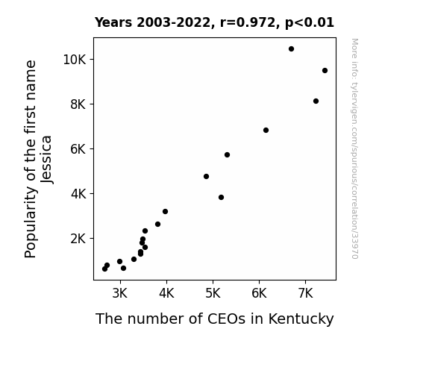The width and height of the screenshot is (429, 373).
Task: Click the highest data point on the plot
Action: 291,49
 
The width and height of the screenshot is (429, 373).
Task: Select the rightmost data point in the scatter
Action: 325,71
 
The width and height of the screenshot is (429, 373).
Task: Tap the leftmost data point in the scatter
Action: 104,269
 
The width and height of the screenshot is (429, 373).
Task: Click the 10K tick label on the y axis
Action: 75,60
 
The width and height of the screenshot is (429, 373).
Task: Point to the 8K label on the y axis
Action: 78,104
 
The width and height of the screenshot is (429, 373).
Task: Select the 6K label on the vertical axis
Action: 78,149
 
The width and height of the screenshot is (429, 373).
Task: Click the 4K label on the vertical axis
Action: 78,194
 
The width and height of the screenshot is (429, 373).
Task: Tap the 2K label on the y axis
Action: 78,239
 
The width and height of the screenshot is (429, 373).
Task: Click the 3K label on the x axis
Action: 120,293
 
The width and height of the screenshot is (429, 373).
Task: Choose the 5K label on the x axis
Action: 213,293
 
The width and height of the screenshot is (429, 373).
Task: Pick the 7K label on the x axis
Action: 305,293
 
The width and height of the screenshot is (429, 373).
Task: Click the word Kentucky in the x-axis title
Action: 301,319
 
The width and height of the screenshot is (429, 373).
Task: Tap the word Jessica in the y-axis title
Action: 46,159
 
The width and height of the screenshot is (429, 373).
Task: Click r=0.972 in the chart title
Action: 248,22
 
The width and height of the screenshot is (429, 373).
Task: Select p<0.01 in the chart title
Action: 310,22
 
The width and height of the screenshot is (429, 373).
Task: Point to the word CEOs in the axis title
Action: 226,319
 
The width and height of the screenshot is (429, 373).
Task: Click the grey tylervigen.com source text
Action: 354,148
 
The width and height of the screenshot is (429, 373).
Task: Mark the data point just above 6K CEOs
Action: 266,131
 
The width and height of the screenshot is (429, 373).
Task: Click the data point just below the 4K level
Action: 221,197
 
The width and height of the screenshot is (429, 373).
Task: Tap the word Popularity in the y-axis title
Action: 30,222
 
